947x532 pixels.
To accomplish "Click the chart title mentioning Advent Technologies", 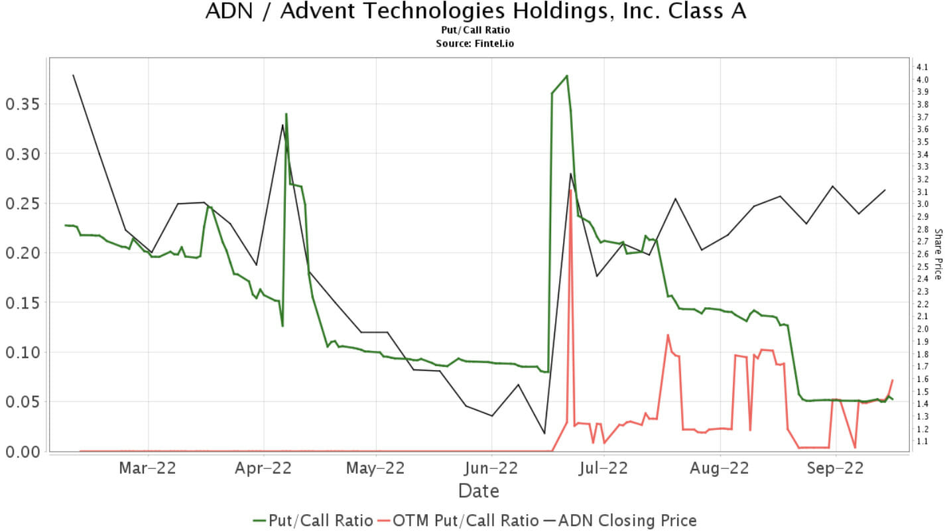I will (475, 12).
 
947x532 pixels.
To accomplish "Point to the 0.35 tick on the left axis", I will (23, 104).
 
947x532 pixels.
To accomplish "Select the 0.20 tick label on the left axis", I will (23, 253).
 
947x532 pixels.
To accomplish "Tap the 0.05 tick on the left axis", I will (23, 401).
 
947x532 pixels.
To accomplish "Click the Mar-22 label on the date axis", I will (147, 468).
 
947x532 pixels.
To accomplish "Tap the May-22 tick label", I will (375, 468).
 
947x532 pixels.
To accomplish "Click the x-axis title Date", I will (478, 492).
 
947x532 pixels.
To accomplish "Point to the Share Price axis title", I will (938, 254).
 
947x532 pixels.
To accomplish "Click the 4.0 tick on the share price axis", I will (922, 80).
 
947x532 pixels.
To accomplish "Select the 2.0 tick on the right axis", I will (922, 329).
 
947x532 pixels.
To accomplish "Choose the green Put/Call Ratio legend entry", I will (312, 521).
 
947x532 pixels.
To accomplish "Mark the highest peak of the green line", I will (566, 76).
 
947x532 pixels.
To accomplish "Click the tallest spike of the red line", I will (570, 190).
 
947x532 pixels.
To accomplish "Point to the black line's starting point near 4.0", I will (73, 75).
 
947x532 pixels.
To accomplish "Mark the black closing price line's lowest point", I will (544, 433).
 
